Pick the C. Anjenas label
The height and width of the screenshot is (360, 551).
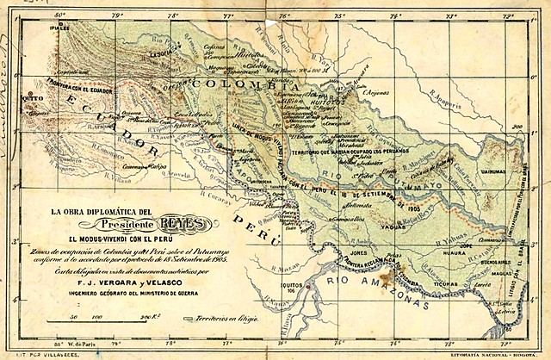click(x=376, y=92)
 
